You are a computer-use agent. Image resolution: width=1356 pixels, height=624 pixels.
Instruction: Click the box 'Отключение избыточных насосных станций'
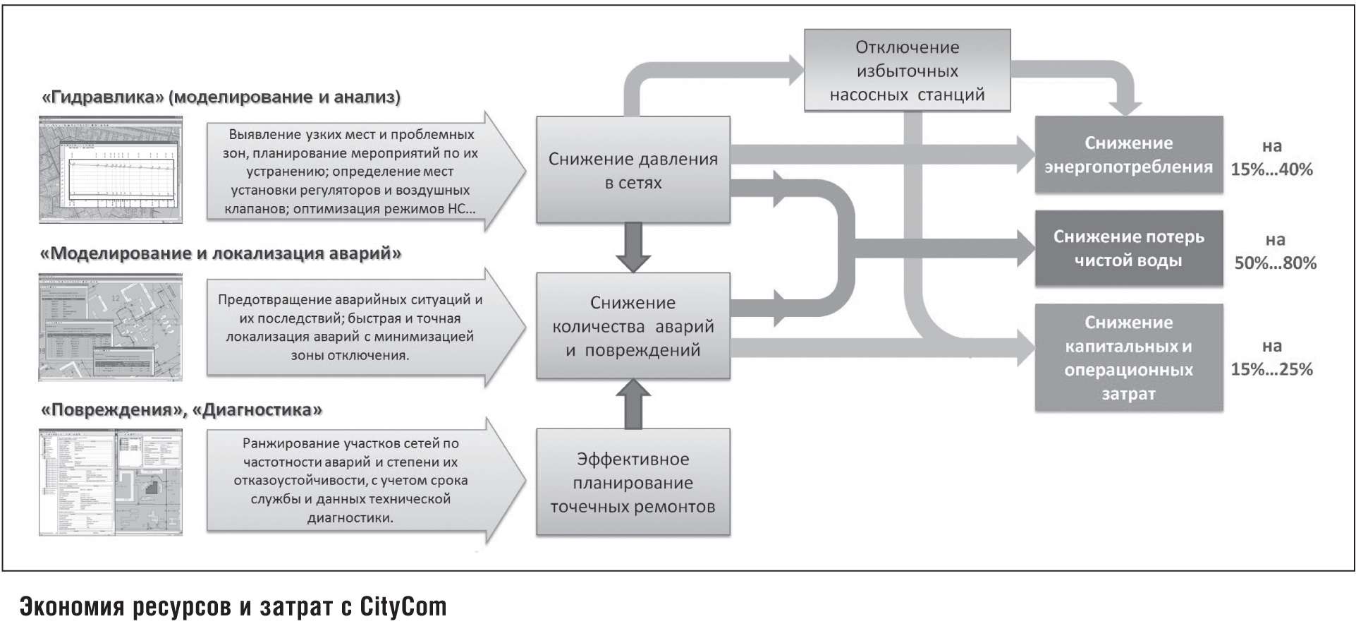pyautogui.click(x=907, y=71)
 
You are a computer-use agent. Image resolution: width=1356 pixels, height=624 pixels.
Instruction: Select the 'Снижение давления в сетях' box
pyautogui.click(x=633, y=170)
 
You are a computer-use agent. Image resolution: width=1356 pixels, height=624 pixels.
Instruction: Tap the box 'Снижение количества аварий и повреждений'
pyautogui.click(x=633, y=326)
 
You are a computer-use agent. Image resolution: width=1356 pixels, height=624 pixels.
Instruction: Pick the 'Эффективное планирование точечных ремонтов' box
pyautogui.click(x=633, y=483)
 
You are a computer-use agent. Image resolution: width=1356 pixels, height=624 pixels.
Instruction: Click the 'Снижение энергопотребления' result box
pyautogui.click(x=1128, y=155)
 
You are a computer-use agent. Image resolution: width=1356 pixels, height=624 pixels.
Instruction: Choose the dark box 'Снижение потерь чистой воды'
pyautogui.click(x=1128, y=248)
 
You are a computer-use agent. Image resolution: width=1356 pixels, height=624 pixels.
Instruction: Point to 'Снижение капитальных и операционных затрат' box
pyautogui.click(x=1128, y=358)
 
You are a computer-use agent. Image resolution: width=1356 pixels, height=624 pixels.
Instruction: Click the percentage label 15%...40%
pyautogui.click(x=1271, y=169)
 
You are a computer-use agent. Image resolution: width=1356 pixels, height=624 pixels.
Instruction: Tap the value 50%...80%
pyautogui.click(x=1275, y=263)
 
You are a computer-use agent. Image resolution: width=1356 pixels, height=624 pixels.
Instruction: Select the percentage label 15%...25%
pyautogui.click(x=1271, y=369)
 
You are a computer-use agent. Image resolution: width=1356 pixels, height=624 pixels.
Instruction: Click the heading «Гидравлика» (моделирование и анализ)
pyautogui.click(x=221, y=97)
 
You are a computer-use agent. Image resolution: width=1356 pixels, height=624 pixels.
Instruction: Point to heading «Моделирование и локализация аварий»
pyautogui.click(x=221, y=253)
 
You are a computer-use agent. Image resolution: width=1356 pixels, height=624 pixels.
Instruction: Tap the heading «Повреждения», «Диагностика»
pyautogui.click(x=182, y=410)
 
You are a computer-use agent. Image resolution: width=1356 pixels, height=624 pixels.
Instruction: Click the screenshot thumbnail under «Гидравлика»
pyautogui.click(x=111, y=170)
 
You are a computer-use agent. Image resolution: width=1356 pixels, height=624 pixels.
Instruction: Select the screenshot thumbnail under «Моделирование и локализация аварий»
pyautogui.click(x=111, y=328)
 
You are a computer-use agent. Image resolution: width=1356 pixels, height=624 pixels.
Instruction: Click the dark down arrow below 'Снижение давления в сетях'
pyautogui.click(x=633, y=247)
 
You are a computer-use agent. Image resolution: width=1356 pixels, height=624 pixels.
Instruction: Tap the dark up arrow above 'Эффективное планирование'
pyautogui.click(x=633, y=404)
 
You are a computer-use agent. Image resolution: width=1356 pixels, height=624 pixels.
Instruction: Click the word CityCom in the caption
pyautogui.click(x=403, y=606)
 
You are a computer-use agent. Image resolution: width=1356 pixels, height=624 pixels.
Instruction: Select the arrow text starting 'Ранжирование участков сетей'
pyautogui.click(x=350, y=481)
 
